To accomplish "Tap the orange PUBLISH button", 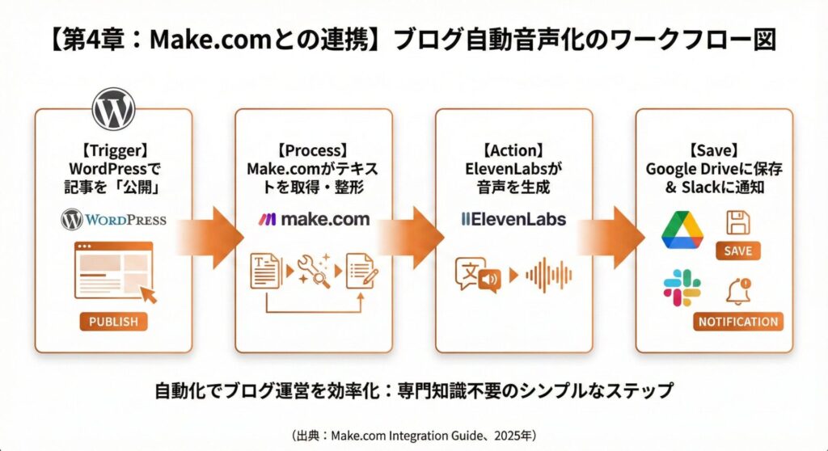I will (113, 322).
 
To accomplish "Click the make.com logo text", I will (314, 219).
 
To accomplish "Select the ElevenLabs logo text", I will (513, 219).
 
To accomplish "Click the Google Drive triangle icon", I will (682, 230).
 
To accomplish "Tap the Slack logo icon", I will (682, 289).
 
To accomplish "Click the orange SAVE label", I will (737, 251).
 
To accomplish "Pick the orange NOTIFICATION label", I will (738, 322).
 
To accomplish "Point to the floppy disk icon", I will (737, 222).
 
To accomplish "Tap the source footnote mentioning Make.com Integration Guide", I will (413, 435).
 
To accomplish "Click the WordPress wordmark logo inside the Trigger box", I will (114, 219).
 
